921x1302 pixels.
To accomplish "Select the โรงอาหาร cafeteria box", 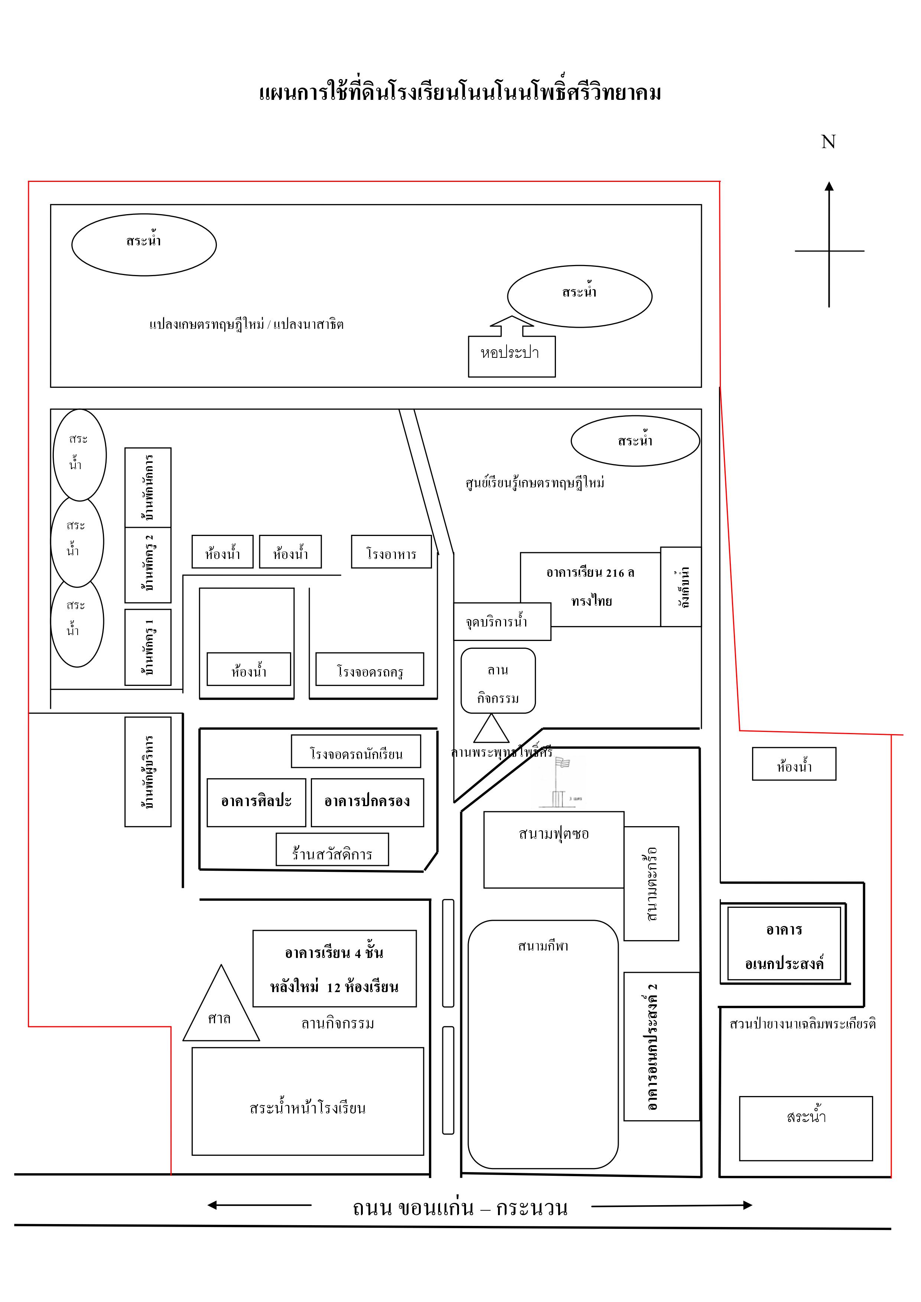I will tap(391, 552).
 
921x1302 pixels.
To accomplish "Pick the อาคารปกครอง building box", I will tap(367, 802).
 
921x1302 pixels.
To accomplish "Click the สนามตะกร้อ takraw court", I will tap(651, 883).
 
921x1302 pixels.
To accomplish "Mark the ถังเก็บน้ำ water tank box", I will tap(681, 586).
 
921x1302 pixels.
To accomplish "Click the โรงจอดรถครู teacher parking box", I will tap(370, 670).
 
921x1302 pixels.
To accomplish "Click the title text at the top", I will tap(460, 92).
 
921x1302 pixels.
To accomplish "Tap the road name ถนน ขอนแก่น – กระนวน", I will tap(460, 1208).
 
